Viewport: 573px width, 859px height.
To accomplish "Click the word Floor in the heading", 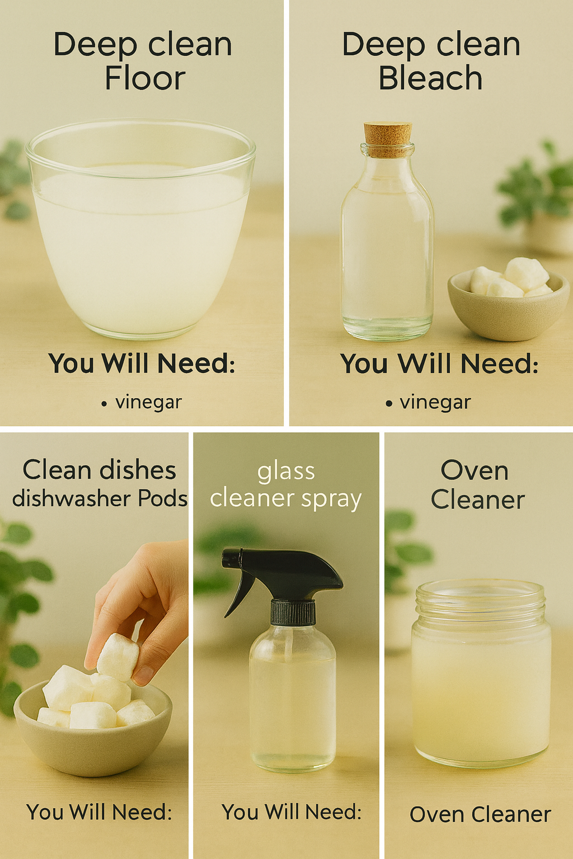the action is click(145, 78).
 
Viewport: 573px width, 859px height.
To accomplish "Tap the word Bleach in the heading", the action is click(430, 78).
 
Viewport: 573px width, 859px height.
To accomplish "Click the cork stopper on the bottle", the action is click(388, 139).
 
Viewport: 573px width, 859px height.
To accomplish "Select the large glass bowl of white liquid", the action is click(140, 229).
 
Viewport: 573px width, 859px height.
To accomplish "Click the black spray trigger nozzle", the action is click(282, 572).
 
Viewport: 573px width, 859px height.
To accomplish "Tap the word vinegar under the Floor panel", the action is click(148, 403).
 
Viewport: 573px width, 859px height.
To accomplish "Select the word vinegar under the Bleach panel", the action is click(435, 403).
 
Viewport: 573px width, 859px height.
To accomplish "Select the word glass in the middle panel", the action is click(286, 472).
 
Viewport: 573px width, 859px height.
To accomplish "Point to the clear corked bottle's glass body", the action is click(387, 246).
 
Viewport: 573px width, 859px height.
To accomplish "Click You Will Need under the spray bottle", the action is click(292, 812).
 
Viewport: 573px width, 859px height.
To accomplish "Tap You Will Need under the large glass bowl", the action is click(141, 363).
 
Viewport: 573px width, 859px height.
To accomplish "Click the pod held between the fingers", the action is click(118, 657).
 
